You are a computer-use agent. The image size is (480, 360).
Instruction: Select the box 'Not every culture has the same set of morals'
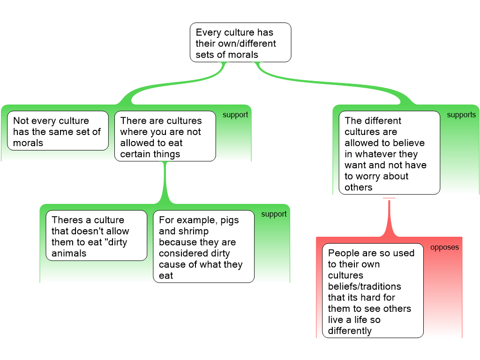(58, 131)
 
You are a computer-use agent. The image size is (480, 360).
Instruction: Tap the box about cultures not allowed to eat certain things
(165, 136)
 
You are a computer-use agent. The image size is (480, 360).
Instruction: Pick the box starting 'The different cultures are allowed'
(389, 153)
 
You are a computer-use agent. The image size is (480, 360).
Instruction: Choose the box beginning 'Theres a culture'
(96, 236)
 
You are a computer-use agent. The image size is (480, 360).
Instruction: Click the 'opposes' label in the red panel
(444, 247)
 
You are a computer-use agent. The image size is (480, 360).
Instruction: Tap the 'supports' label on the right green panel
(461, 115)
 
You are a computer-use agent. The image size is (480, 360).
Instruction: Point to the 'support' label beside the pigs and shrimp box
(274, 214)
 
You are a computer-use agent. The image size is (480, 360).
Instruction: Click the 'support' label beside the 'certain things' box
(235, 115)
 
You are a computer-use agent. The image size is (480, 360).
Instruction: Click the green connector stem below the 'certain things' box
(165, 183)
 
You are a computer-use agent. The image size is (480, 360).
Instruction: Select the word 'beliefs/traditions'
(364, 286)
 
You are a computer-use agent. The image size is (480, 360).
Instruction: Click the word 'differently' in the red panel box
(350, 331)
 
